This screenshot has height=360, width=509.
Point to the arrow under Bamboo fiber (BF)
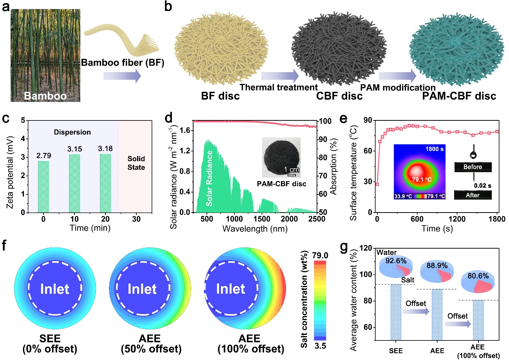[x=121, y=75]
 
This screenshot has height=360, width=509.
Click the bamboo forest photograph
[x=45, y=55]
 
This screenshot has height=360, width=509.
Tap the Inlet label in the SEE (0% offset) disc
[x=54, y=289]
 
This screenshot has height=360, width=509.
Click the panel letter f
[x=8, y=248]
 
